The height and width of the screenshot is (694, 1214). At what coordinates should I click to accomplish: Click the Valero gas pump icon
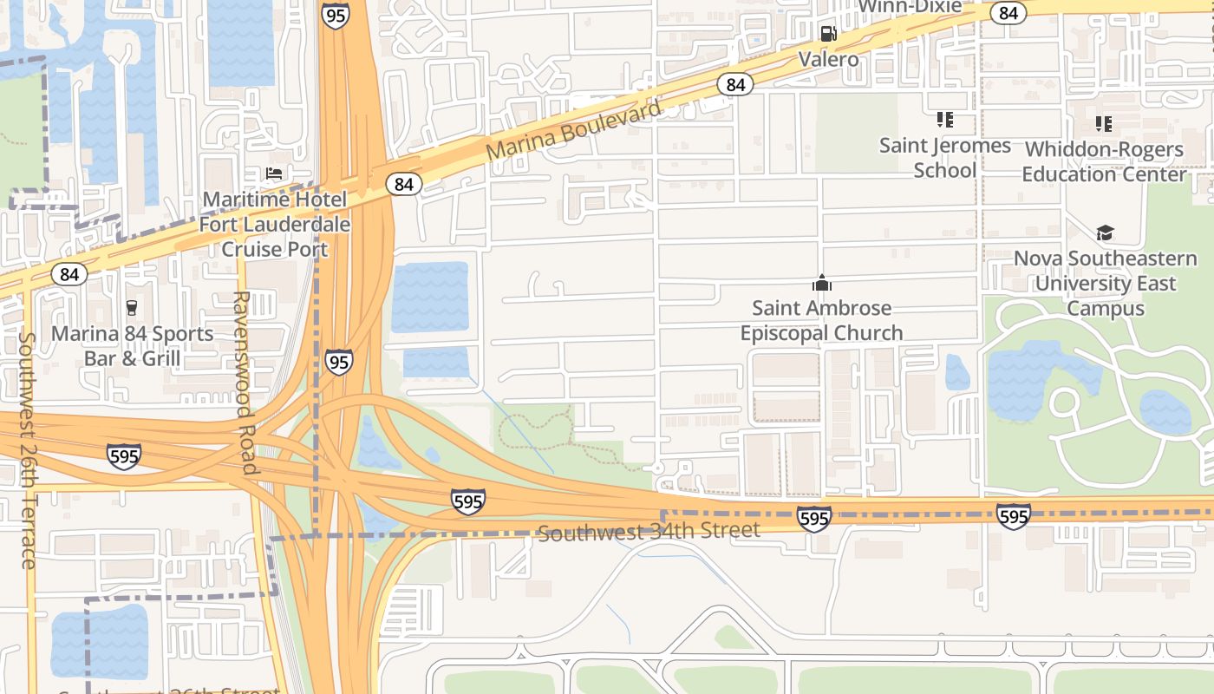point(829,34)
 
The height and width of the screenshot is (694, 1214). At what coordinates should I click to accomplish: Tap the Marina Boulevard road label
point(573,129)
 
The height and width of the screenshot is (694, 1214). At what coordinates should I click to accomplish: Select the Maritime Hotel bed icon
point(274,174)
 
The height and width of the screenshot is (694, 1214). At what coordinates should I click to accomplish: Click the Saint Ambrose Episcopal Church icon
point(821,283)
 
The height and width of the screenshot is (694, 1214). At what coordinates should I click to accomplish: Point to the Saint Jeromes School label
point(945,157)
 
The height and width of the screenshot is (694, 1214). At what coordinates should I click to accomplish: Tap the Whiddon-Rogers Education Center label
point(1103,161)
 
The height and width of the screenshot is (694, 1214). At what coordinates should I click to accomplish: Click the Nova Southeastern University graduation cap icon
point(1105,232)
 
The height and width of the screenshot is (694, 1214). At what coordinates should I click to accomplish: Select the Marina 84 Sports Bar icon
point(132,307)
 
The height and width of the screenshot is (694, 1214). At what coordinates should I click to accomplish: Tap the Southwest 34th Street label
point(649,531)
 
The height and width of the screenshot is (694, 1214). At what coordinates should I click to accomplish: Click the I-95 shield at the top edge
point(335,15)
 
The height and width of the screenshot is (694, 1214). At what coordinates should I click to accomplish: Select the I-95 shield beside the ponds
point(339,362)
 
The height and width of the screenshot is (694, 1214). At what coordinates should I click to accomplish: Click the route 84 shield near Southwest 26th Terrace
point(69,274)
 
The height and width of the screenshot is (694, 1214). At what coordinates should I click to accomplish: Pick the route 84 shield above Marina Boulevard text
point(735,84)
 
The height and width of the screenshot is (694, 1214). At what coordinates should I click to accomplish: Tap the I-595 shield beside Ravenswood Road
point(124,455)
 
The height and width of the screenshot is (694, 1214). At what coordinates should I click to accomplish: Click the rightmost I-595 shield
point(1013,517)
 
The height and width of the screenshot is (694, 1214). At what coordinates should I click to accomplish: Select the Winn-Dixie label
point(910,6)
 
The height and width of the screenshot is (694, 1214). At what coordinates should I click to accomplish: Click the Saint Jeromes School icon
point(944,120)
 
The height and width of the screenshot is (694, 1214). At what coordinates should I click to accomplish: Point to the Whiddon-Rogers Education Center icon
point(1103,124)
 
